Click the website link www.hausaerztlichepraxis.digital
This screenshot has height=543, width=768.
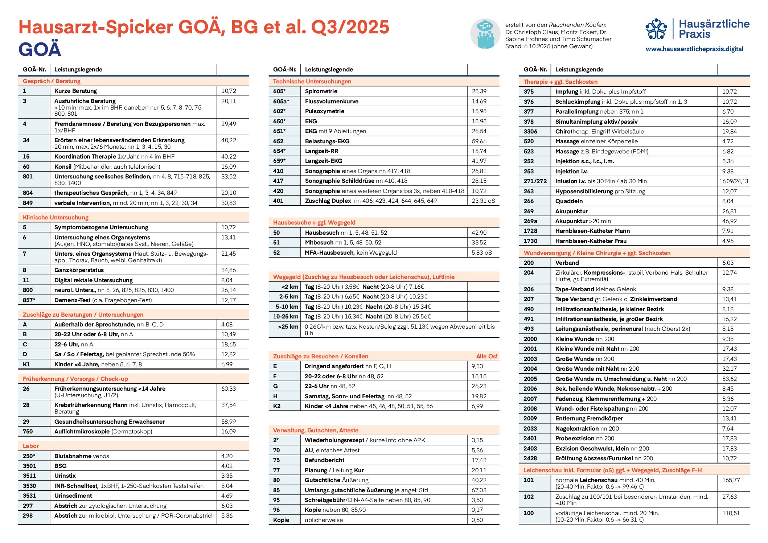(694, 49)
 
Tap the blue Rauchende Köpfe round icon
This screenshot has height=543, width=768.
(485, 34)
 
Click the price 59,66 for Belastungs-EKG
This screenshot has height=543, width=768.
(479, 141)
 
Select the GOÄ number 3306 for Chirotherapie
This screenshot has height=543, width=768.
(530, 131)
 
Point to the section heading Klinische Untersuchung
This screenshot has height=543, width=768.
(56, 217)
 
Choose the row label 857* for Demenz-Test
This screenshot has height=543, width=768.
(29, 300)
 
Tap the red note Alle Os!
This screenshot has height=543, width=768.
(486, 356)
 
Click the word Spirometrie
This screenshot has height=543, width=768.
(321, 91)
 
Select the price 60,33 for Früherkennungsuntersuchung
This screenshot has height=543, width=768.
(229, 388)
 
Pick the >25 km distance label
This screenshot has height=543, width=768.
(288, 326)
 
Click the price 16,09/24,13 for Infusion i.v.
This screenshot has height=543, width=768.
(734, 181)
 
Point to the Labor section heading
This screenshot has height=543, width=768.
(31, 446)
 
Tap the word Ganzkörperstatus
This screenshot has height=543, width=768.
(79, 270)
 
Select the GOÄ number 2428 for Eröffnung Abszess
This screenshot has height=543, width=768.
(530, 458)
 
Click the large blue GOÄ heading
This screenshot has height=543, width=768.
(40, 49)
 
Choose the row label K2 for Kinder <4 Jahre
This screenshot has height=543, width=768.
(277, 406)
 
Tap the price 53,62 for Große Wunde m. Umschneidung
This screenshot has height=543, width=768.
(729, 379)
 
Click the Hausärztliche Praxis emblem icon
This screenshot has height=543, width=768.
(656, 29)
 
